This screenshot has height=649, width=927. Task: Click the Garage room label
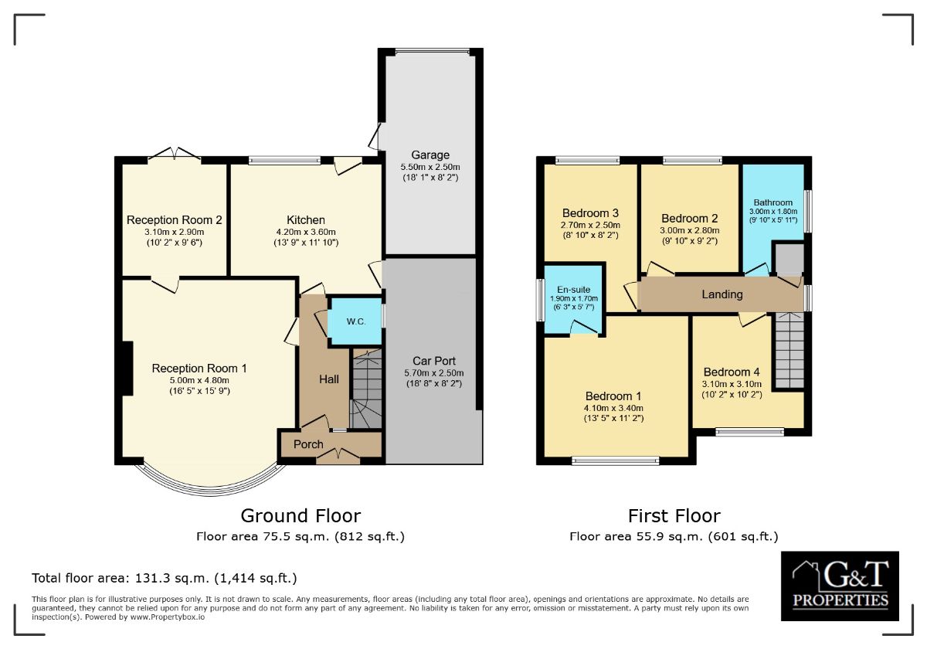tap(430, 155)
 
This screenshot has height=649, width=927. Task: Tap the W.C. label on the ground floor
tap(356, 321)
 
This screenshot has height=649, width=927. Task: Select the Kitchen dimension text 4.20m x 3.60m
tap(306, 232)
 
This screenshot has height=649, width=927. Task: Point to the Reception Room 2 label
tap(175, 219)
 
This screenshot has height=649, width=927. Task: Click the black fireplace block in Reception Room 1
tap(127, 369)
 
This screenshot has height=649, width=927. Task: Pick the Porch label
tap(308, 444)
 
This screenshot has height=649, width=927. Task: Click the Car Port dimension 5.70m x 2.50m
tap(433, 373)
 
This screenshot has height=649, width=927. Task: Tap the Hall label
tap(329, 379)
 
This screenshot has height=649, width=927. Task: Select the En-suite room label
tap(573, 290)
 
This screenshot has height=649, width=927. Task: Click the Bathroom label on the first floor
tap(773, 202)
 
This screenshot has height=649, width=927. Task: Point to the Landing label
tap(722, 294)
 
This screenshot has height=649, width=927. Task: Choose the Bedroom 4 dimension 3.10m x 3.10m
tap(732, 384)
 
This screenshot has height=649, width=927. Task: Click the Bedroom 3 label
tap(590, 213)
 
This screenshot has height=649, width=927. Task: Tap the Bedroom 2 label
tap(689, 219)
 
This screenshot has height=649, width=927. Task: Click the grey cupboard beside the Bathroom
tap(789, 260)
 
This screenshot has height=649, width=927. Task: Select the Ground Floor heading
tap(301, 516)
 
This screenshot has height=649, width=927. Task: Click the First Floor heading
tap(674, 516)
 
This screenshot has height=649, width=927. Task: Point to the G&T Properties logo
tap(840, 586)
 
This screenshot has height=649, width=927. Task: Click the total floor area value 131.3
tap(151, 578)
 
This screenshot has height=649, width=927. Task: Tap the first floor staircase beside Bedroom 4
tap(789, 351)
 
